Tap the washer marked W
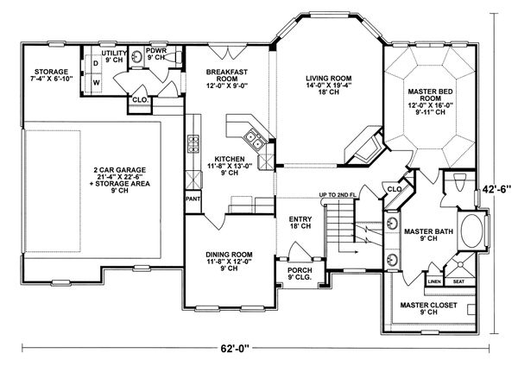click(x=95, y=83)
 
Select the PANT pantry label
click(x=193, y=199)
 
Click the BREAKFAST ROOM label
click(x=226, y=79)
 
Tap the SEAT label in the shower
click(x=458, y=281)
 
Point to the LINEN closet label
click(x=435, y=281)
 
